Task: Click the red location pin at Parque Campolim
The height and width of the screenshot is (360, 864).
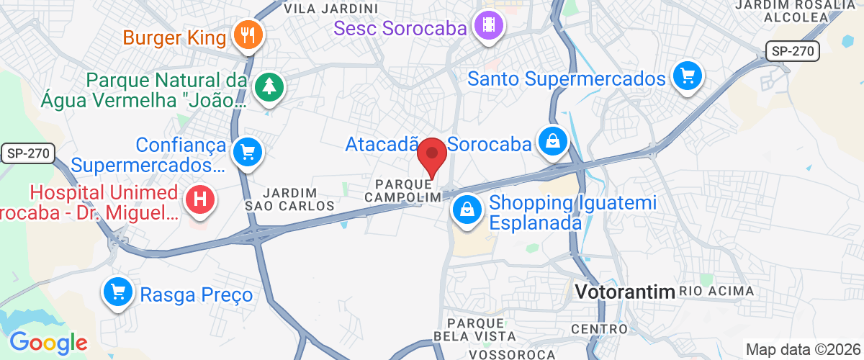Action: click(432, 154)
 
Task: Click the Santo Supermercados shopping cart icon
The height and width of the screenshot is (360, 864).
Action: click(688, 76)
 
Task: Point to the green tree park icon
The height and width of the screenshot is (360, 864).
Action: click(270, 86)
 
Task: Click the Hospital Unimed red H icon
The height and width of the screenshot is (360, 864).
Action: click(199, 199)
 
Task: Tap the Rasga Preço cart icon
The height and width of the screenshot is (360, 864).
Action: click(118, 292)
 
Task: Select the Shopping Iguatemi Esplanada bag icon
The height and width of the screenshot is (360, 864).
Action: click(467, 210)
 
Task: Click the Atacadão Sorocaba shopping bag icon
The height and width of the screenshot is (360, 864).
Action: click(552, 141)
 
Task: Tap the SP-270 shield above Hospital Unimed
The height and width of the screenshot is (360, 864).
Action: click(27, 153)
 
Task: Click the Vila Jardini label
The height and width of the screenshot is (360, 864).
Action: click(331, 9)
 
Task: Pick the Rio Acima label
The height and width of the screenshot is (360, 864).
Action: click(716, 292)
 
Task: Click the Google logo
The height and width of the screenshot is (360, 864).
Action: click(48, 343)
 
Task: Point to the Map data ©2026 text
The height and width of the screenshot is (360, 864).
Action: click(803, 350)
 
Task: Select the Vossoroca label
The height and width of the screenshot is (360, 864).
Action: click(511, 354)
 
